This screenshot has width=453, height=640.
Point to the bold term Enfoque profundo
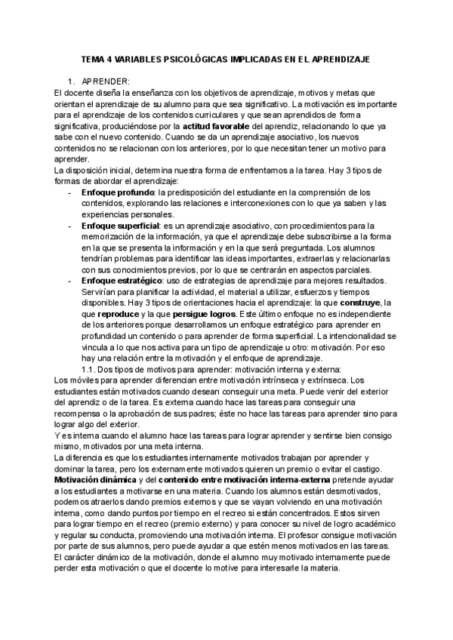[112, 192]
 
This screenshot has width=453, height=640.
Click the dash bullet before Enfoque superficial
[70, 225]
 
